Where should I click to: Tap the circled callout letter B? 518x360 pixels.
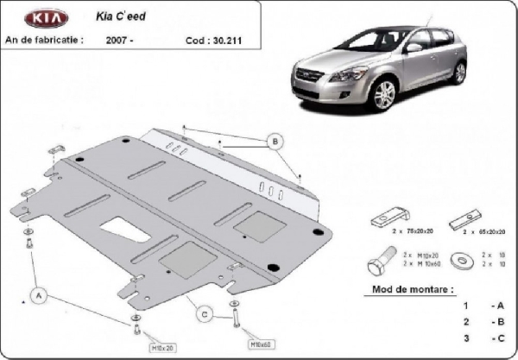coord(275,141)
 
